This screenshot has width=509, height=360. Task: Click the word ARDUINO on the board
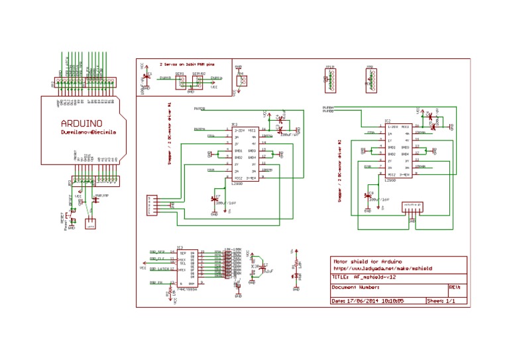[x=82, y=123]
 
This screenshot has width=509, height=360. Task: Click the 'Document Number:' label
[x=355, y=288]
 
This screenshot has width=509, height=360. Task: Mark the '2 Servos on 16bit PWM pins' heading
[x=186, y=64]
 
